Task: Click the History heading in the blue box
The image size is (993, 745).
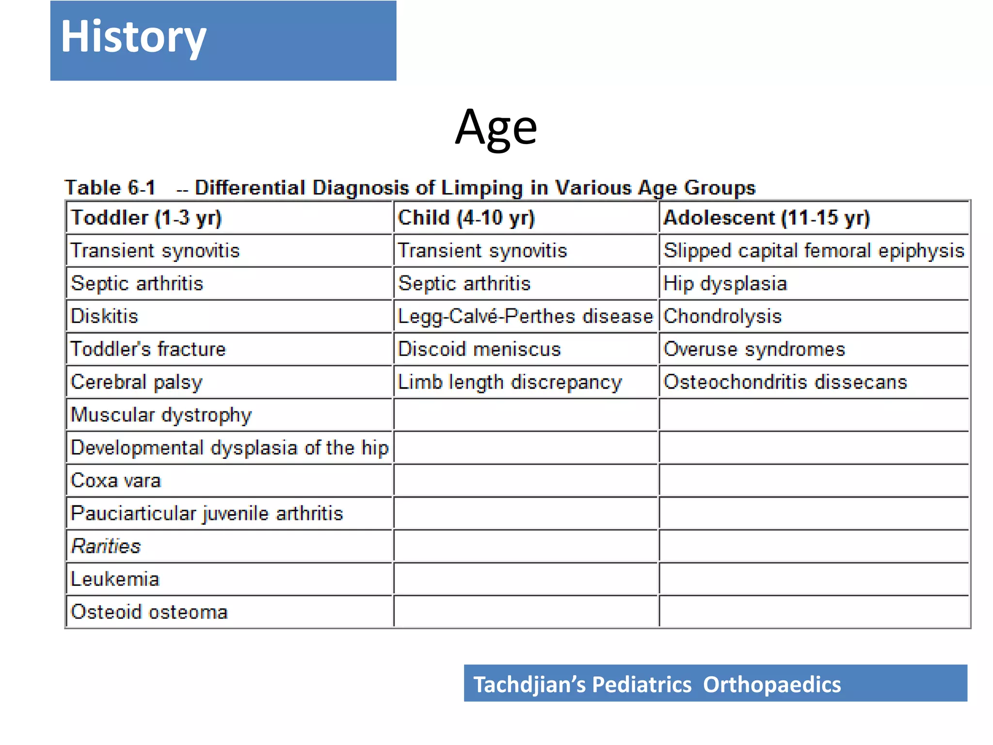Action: [x=133, y=37]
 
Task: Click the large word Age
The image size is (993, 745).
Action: [x=496, y=128]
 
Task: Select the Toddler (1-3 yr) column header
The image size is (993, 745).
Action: [x=146, y=218]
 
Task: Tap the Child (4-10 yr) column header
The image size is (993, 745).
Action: [x=466, y=218]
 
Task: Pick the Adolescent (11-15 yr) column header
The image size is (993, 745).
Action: [x=767, y=218]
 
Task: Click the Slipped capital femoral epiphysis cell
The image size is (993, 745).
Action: [x=814, y=251]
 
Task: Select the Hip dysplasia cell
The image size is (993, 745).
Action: [x=725, y=284]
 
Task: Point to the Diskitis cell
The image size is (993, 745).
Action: [x=104, y=316]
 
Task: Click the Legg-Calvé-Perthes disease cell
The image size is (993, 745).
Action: [x=525, y=316]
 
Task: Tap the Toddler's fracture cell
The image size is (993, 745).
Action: [x=148, y=349]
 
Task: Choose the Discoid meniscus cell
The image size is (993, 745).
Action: [x=479, y=349]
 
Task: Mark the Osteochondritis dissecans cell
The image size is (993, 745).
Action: [x=785, y=382]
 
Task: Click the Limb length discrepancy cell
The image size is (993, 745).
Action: [x=510, y=382]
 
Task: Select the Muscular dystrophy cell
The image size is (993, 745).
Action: [x=161, y=415]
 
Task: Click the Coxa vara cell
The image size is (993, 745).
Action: [x=115, y=481]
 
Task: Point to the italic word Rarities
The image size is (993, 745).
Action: [x=106, y=546]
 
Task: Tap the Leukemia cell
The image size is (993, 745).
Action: [x=115, y=579]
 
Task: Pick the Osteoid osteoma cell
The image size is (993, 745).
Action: [x=149, y=612]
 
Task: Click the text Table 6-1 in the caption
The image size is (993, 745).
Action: [x=110, y=188]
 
